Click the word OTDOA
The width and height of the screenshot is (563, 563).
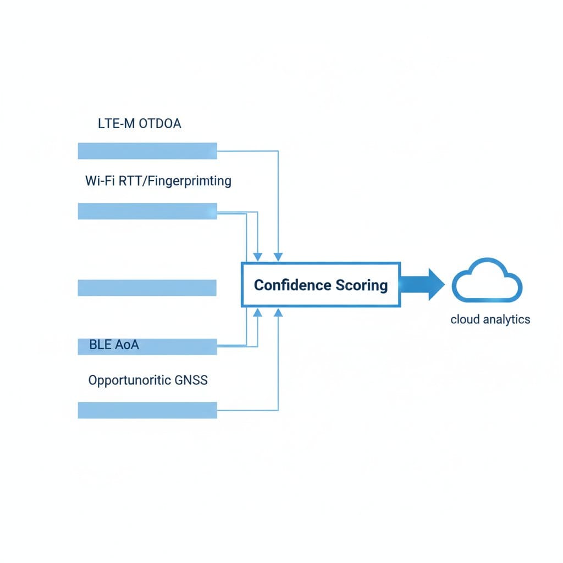160,124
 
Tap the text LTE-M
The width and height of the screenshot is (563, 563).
117,124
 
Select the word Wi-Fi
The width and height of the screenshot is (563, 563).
100,180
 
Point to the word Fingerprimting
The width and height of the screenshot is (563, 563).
189,181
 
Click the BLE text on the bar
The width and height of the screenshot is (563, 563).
100,345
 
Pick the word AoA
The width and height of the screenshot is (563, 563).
127,345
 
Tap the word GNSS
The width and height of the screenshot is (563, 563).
191,380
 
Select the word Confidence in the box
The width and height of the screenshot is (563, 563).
292,285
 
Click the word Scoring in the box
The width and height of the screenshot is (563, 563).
362,286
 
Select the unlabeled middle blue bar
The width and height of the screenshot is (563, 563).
147,288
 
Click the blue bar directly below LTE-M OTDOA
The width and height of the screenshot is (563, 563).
147,151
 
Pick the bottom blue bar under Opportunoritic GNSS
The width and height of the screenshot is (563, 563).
147,410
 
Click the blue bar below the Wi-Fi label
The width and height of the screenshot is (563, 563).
147,211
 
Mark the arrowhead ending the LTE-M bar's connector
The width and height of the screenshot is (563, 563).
278,257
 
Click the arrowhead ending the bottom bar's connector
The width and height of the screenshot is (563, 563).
278,313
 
